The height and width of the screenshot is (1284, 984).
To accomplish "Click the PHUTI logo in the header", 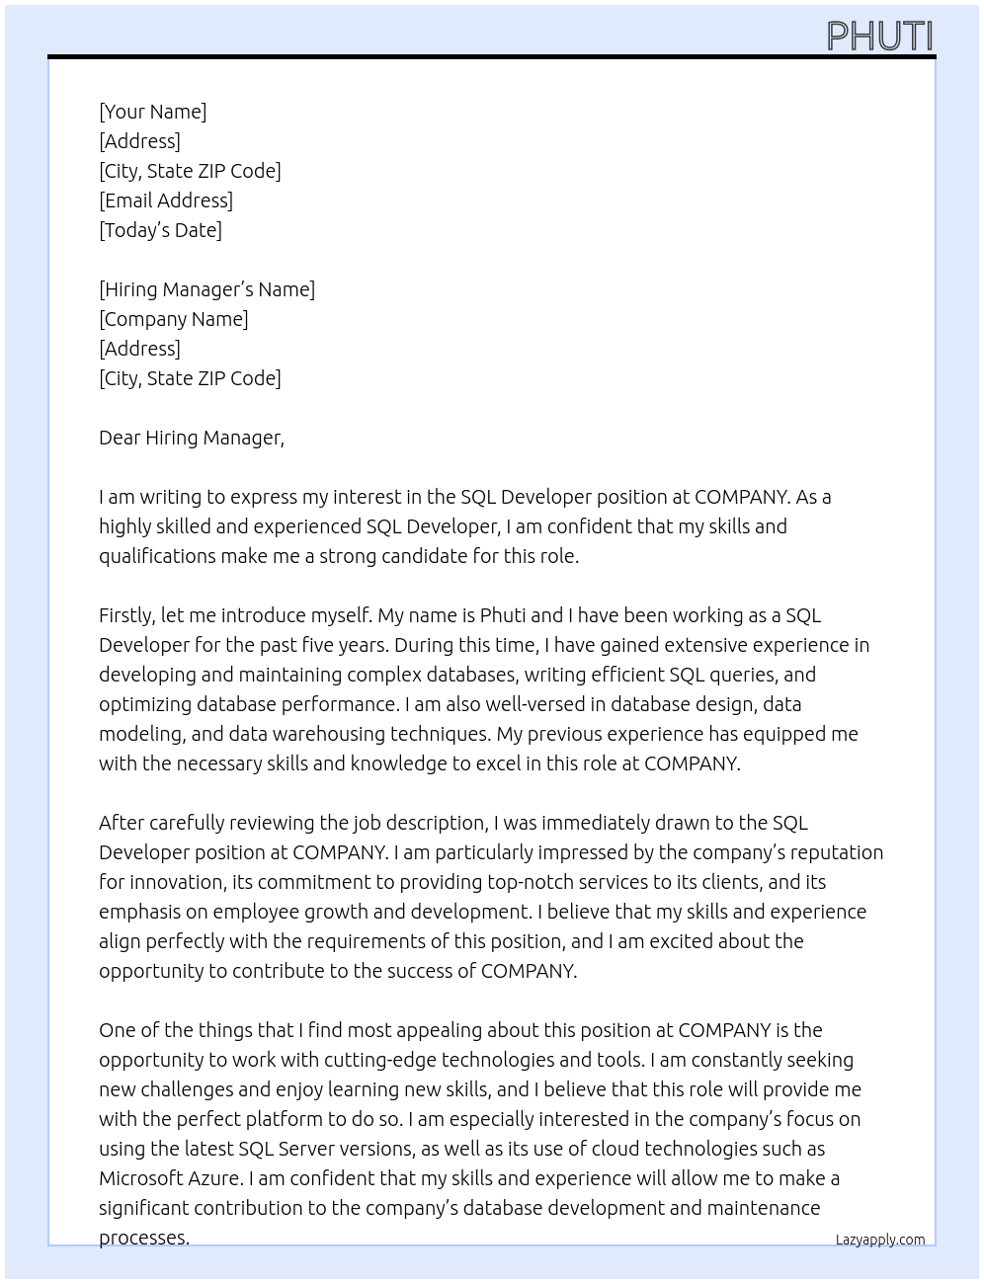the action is [x=879, y=37].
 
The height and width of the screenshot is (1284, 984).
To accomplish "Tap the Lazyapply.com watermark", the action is [x=879, y=1240].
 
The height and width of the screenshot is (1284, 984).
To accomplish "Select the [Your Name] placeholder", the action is [x=152, y=112].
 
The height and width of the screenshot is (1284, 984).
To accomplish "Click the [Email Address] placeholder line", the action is [x=166, y=201].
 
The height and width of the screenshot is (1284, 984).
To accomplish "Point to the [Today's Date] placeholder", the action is [x=160, y=230].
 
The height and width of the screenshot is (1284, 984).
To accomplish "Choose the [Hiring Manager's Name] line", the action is [x=206, y=289].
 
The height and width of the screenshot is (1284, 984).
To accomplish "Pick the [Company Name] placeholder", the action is [x=173, y=319].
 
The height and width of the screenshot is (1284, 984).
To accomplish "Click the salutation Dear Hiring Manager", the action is [x=191, y=438].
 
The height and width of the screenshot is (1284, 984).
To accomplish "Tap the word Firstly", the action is [x=126, y=615].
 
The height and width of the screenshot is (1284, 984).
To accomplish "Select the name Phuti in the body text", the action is [x=503, y=615].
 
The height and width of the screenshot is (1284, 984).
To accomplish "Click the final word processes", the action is [x=143, y=1238].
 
